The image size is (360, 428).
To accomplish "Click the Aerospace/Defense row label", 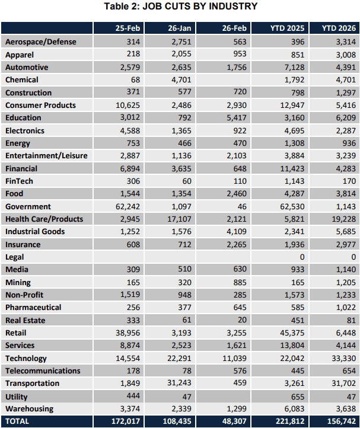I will [40, 41].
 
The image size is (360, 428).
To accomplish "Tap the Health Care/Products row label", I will [44, 219].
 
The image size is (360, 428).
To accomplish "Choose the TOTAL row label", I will [17, 421].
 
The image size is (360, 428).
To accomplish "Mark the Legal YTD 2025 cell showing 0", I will [302, 257].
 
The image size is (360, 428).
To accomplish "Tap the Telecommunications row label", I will [43, 370].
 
